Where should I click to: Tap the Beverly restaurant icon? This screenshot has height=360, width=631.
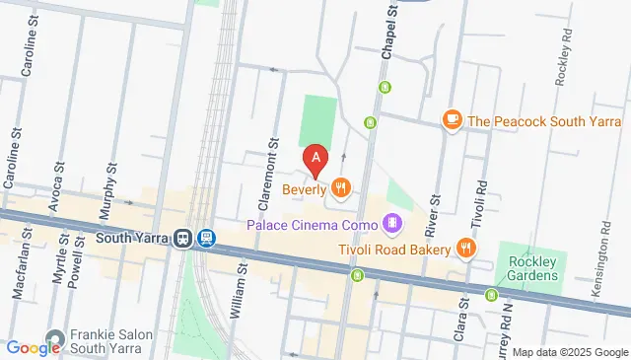click(341, 186)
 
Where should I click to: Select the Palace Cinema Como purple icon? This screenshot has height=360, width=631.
click(392, 224)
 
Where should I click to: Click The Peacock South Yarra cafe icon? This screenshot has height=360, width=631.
click(452, 120)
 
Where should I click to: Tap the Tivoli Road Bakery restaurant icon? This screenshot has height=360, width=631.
click(467, 249)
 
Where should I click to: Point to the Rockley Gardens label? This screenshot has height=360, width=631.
click(532, 268)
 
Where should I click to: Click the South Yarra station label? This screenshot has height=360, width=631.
click(134, 238)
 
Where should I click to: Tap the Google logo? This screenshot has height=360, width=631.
click(34, 347)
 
